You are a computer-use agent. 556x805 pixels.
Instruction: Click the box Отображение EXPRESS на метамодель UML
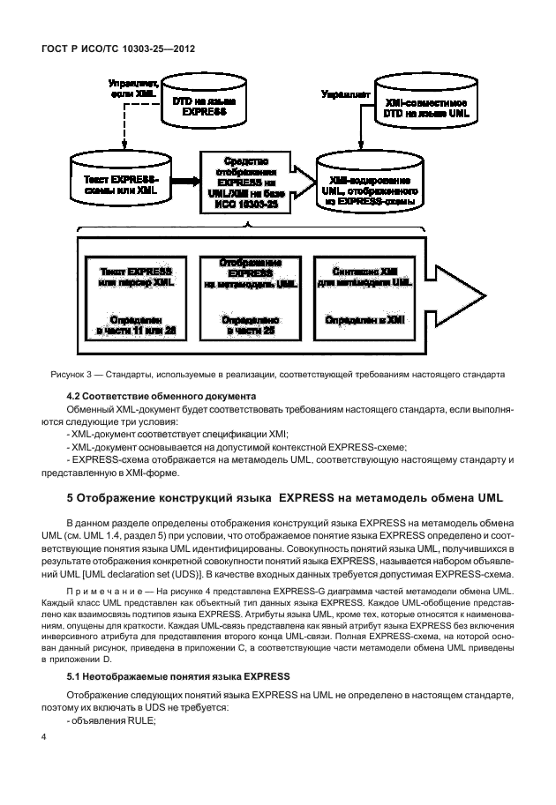pyautogui.click(x=250, y=294)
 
